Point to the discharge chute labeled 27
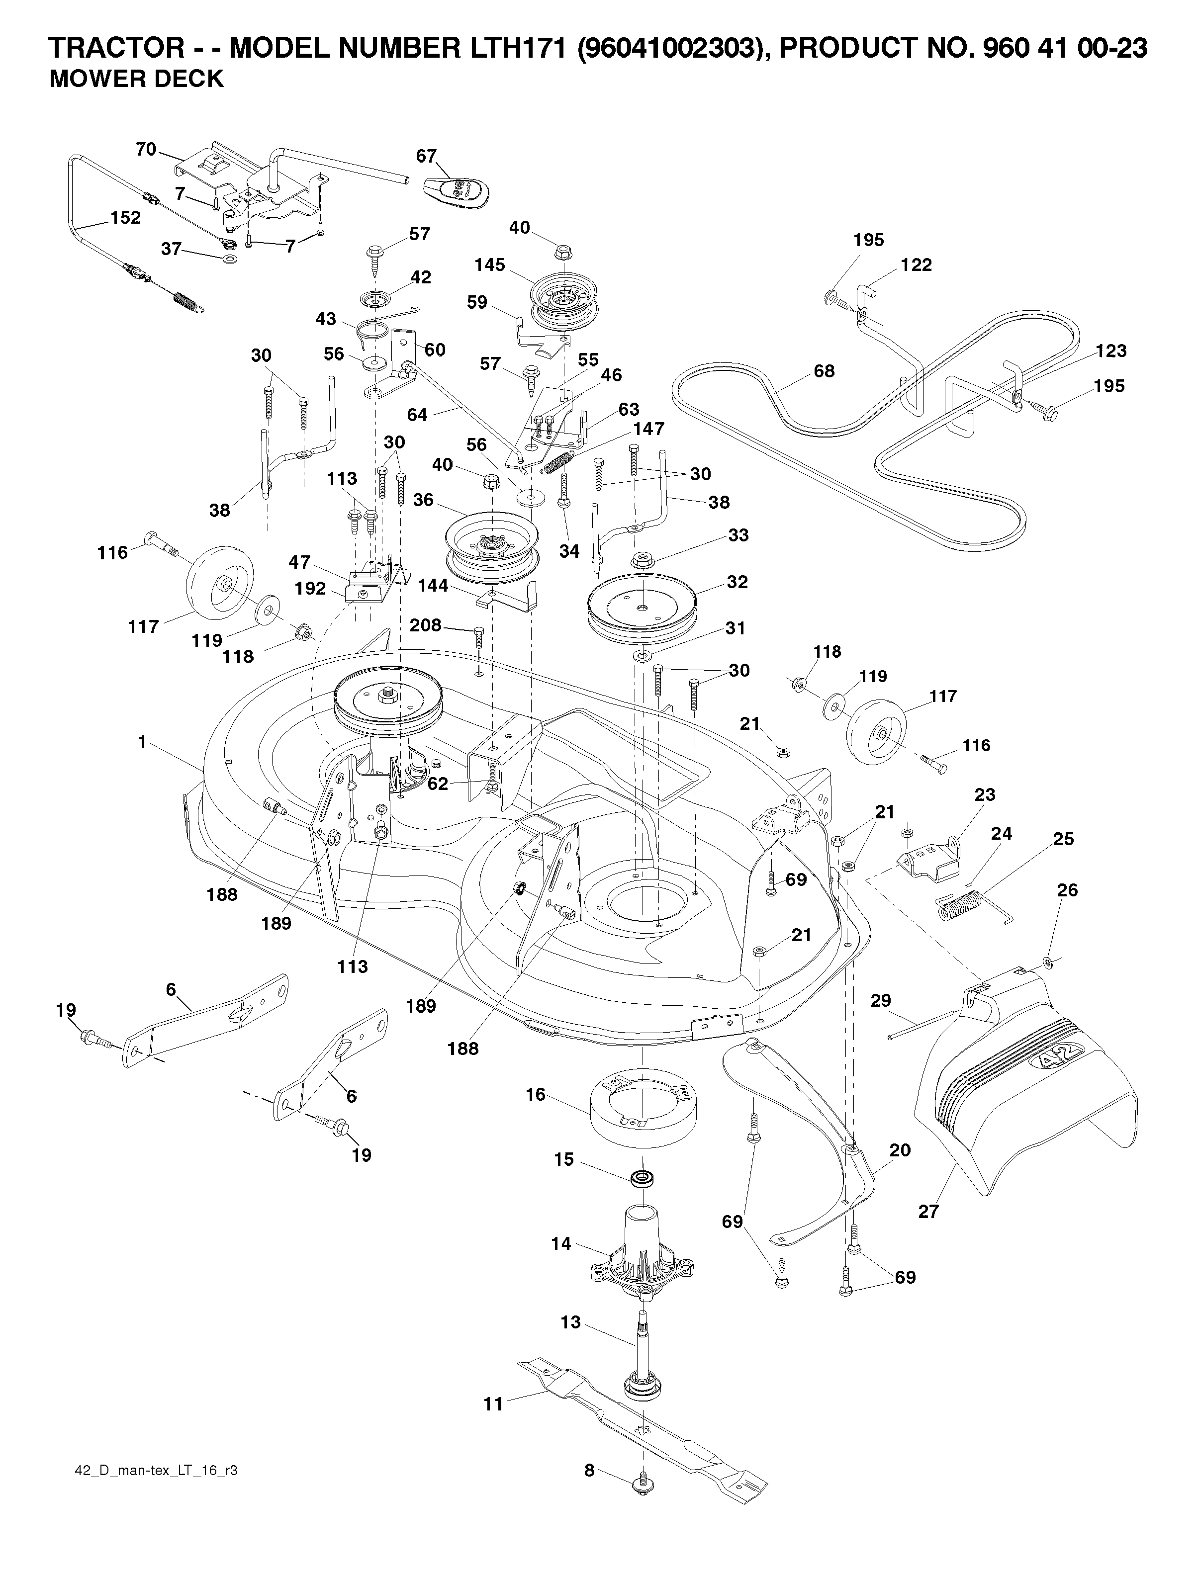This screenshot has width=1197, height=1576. coord(1026,1083)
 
